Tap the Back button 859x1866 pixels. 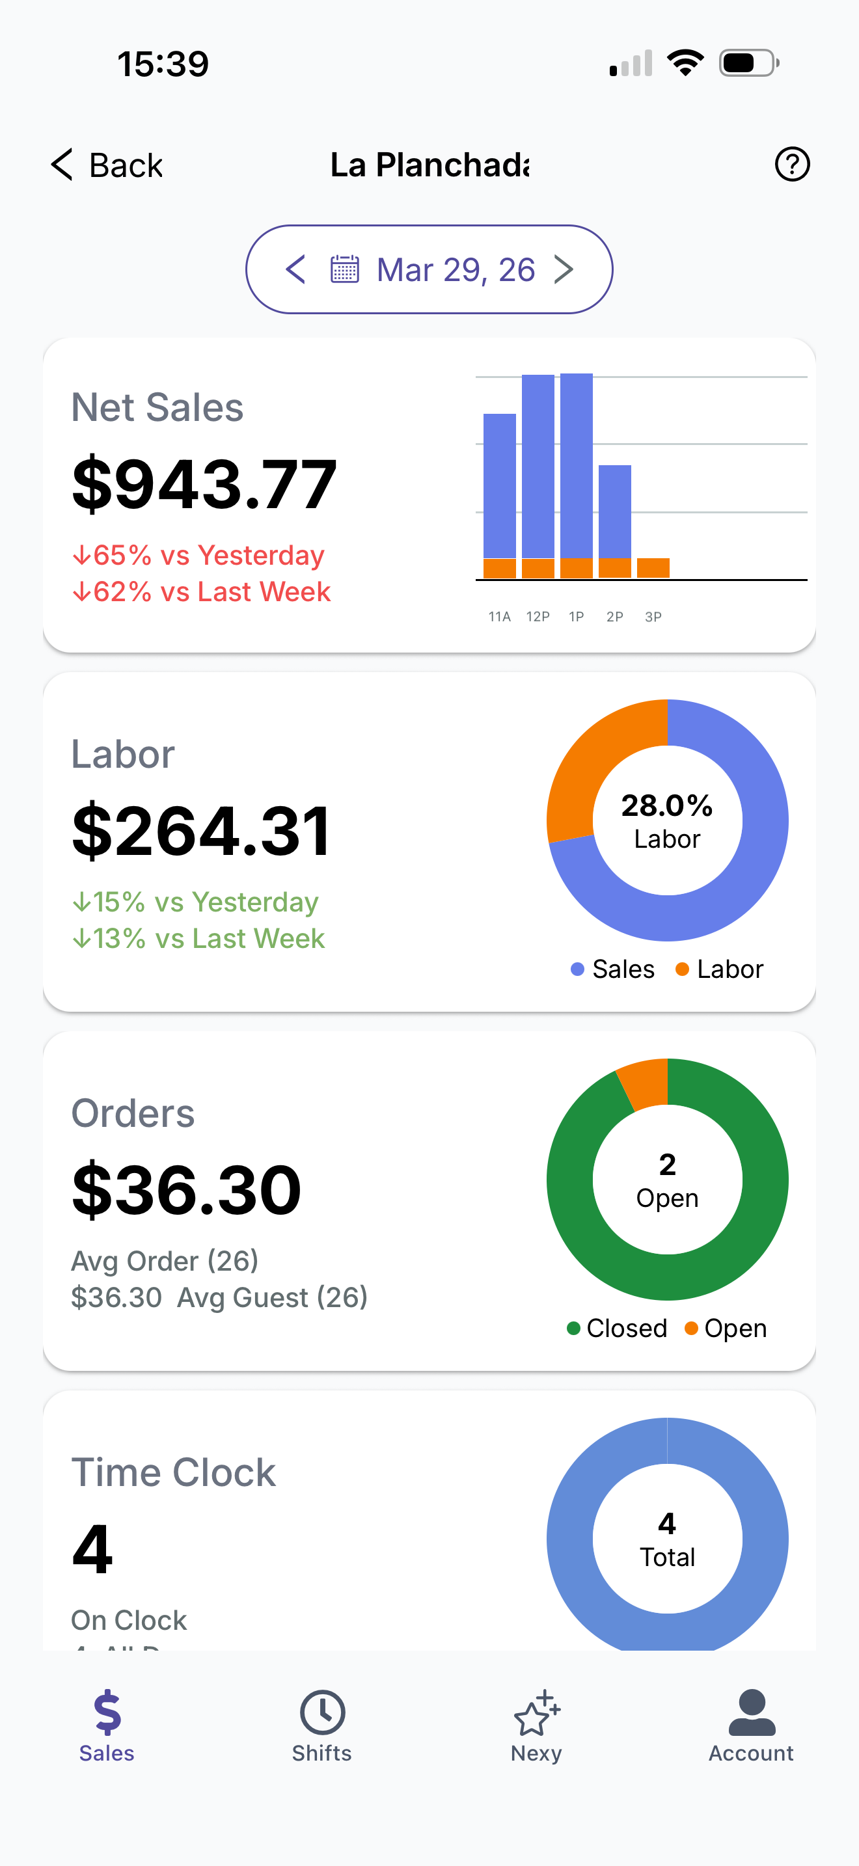tap(107, 165)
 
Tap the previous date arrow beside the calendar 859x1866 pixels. tap(295, 269)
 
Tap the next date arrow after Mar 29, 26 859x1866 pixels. tap(564, 269)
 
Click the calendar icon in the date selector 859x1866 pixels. tap(345, 269)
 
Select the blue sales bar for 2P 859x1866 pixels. tap(615, 511)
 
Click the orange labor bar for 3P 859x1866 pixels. tap(653, 568)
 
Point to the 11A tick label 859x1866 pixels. tap(499, 616)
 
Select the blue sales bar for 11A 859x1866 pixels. tap(499, 485)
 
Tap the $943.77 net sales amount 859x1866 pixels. tap(204, 484)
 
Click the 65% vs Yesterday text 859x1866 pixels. tap(198, 556)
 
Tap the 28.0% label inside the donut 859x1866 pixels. tap(667, 805)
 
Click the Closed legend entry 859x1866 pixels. tap(617, 1329)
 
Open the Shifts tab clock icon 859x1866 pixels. tap(322, 1712)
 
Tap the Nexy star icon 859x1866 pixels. tap(536, 1713)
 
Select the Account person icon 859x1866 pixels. tap(751, 1712)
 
